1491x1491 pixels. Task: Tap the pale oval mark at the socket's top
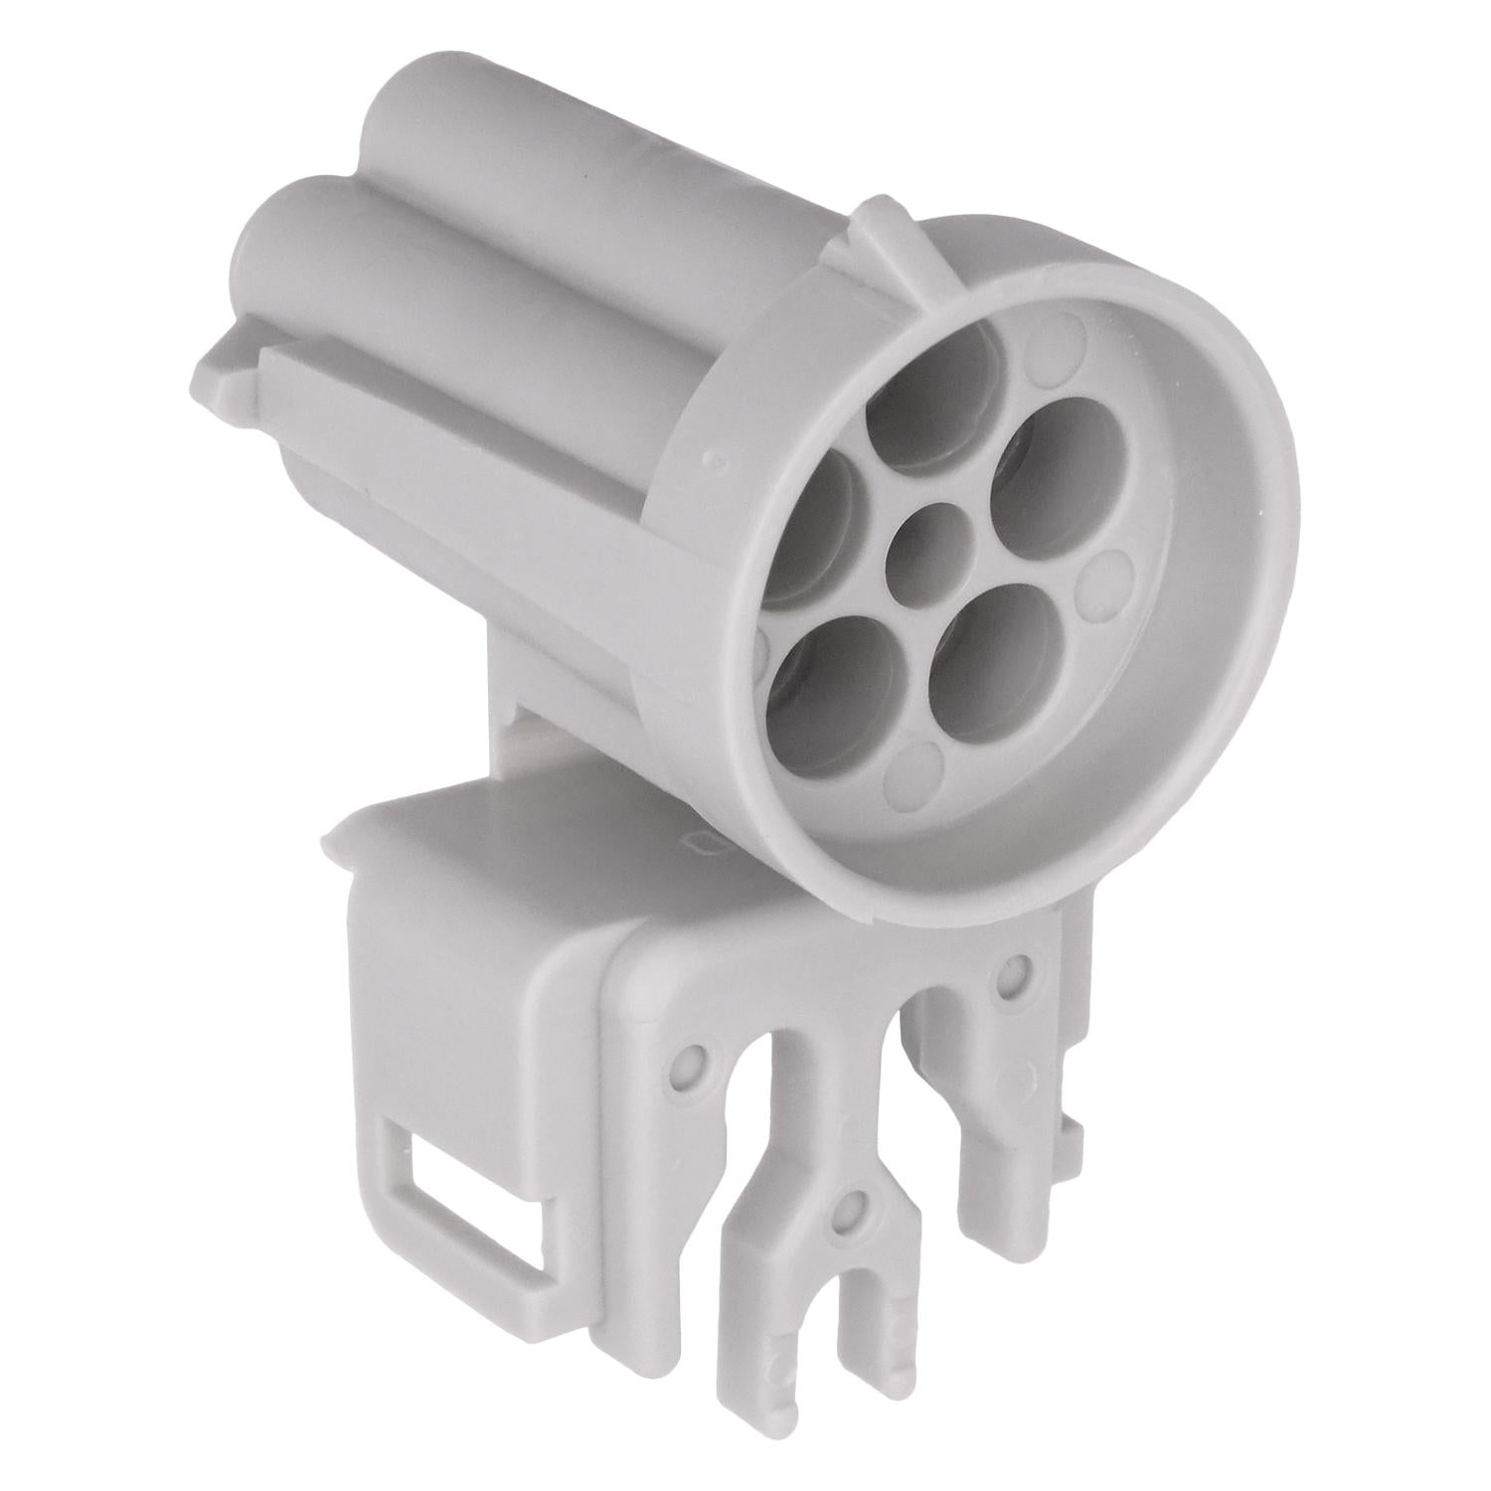click(x=1056, y=350)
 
